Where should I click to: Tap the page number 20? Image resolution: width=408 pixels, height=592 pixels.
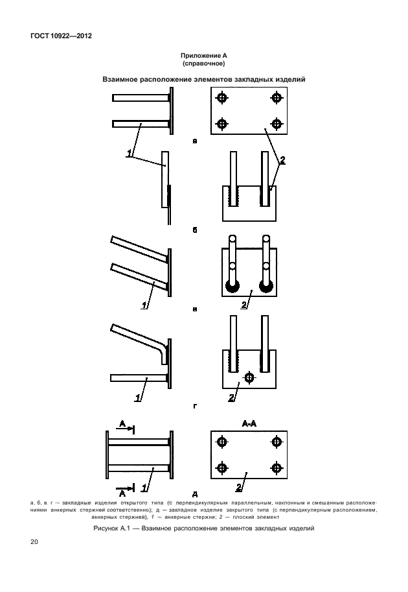[x=34, y=542]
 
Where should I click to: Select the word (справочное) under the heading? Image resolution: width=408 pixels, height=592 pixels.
[x=203, y=64]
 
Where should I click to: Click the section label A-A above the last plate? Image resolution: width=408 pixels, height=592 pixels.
[x=249, y=424]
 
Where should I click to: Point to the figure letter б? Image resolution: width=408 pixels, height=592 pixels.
[x=195, y=230]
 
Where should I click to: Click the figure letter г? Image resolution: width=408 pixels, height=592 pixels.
[x=195, y=407]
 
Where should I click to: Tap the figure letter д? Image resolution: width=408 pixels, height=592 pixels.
[x=195, y=494]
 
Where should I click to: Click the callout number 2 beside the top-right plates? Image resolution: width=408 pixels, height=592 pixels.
[x=282, y=160]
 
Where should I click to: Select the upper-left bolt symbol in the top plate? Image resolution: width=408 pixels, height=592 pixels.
[x=221, y=98]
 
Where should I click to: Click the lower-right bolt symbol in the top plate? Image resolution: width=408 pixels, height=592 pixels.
[x=277, y=124]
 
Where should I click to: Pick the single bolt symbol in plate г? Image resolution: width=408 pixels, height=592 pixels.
[x=249, y=377]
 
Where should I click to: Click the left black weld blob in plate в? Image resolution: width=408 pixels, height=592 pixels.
[x=233, y=287]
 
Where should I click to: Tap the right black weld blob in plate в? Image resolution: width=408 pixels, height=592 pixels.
[x=266, y=287]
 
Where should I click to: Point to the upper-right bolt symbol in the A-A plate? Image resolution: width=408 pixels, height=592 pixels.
[x=277, y=442]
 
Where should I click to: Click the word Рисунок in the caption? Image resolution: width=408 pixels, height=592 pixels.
[x=106, y=528]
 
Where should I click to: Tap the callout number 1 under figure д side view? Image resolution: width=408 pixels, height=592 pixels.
[x=144, y=488]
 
